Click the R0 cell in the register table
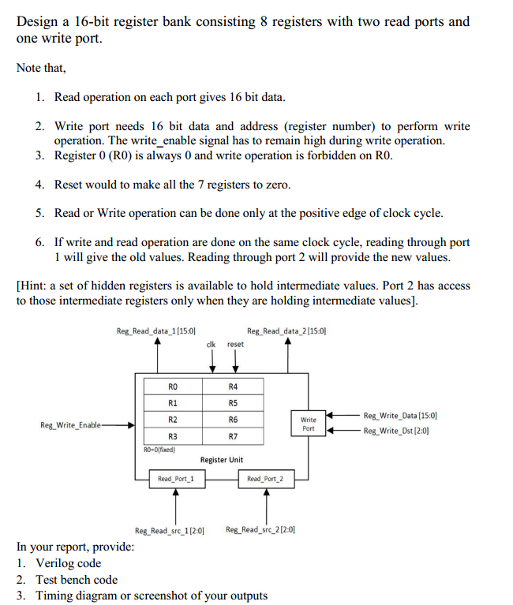click(173, 387)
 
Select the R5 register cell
click(233, 402)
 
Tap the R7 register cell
click(233, 435)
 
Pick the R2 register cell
click(173, 419)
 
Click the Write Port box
click(309, 424)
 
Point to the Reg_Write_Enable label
click(71, 425)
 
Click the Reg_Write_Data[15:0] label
click(400, 415)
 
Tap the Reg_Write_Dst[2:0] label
click(398, 431)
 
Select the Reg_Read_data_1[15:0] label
click(156, 331)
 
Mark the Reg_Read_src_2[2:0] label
click(260, 529)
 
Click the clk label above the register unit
click(211, 344)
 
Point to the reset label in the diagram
click(235, 344)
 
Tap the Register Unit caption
click(222, 459)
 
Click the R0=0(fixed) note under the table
click(159, 450)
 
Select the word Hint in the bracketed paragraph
click(35, 286)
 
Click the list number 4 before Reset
click(39, 184)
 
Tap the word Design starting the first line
click(37, 21)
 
